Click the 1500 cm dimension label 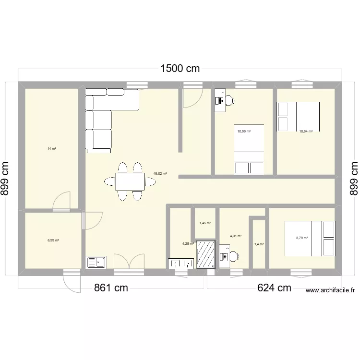[x=180, y=69]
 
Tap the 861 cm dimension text [x=111, y=288]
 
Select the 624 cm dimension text [x=274, y=288]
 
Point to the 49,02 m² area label [x=160, y=174]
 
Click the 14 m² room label [x=51, y=149]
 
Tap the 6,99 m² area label [x=53, y=240]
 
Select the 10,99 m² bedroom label [x=244, y=131]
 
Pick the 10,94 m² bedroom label [x=306, y=131]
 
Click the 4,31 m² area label [x=236, y=236]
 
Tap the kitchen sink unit [x=96, y=262]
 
